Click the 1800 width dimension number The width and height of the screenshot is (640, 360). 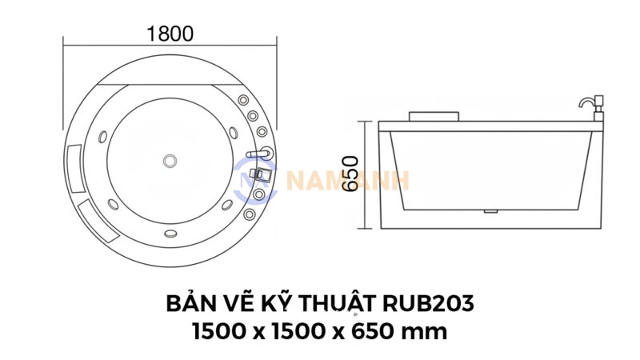pyautogui.click(x=170, y=34)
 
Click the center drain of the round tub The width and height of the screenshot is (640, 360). pyautogui.click(x=170, y=161)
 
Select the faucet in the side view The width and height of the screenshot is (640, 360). pyautogui.click(x=590, y=108)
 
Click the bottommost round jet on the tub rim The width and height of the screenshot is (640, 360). pyautogui.click(x=250, y=214)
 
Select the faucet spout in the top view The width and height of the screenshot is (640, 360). pyautogui.click(x=258, y=152)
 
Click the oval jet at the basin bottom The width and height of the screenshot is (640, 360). pyautogui.click(x=170, y=234)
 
